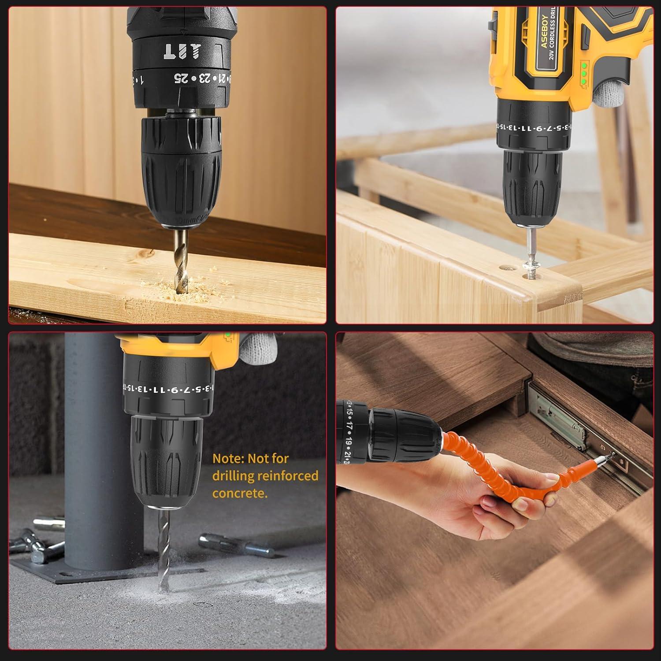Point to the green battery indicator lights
pos(583,74)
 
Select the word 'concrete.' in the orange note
pos(240,493)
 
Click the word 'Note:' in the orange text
pos(229,459)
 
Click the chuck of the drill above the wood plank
pos(181,172)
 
